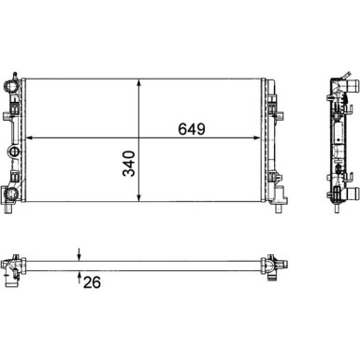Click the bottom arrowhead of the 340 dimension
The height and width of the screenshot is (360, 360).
pyautogui.click(x=139, y=199)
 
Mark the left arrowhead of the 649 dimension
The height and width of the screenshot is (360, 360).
pyautogui.click(x=35, y=139)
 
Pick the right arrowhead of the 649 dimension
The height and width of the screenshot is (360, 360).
pyautogui.click(x=264, y=139)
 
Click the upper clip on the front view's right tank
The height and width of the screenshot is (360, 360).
pyautogui.click(x=274, y=111)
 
